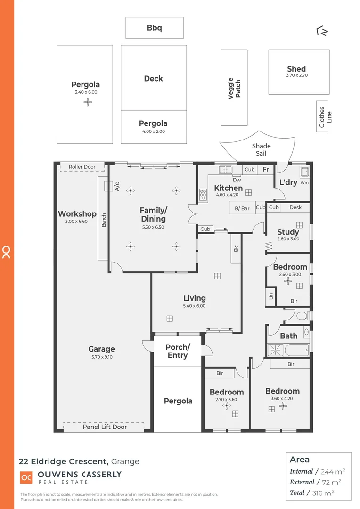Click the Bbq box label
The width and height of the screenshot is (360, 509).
(154, 28)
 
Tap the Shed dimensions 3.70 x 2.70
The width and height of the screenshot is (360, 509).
(296, 75)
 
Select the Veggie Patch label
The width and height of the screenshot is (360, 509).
(234, 88)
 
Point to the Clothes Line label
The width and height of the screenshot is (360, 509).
(325, 116)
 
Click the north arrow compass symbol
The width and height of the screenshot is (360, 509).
(323, 31)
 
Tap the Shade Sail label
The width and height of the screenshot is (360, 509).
(261, 149)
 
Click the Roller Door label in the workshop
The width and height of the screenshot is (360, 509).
(82, 167)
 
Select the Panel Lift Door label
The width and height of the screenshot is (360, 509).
(105, 427)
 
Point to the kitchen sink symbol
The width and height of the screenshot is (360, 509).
(226, 169)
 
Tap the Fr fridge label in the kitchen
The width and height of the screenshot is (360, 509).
(266, 170)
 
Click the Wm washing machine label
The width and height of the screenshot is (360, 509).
(304, 182)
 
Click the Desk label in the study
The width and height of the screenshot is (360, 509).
(295, 207)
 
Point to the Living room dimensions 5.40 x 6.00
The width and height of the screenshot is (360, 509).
(195, 306)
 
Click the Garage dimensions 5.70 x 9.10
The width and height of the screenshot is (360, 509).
(101, 357)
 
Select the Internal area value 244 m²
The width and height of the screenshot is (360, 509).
(333, 471)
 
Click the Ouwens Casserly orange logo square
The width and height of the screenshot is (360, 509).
(26, 477)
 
